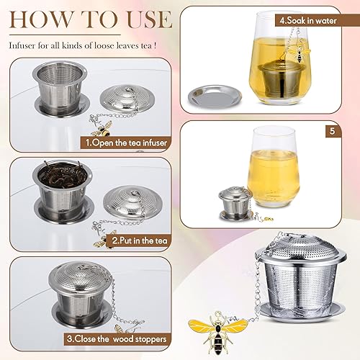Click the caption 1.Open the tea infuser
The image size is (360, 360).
pos(127,142)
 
